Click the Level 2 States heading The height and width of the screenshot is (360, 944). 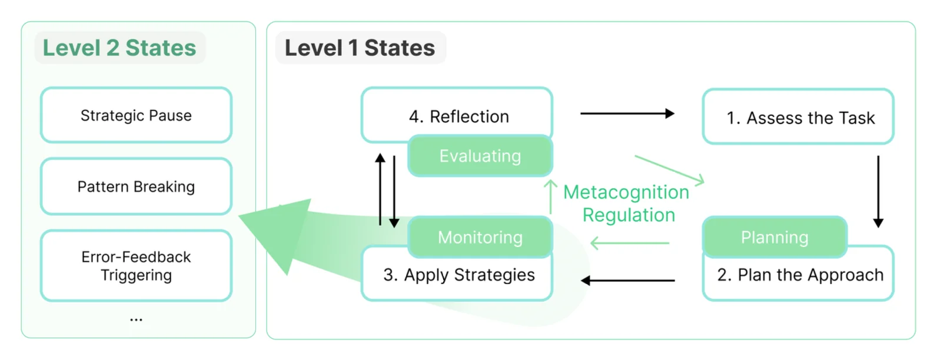point(119,48)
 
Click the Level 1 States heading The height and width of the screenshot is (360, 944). point(360,48)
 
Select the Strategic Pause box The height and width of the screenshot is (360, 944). point(136,115)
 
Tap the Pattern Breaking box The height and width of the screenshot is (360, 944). point(136,186)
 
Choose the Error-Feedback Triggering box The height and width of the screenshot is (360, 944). point(136,266)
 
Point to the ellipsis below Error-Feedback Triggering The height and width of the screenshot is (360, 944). point(136,320)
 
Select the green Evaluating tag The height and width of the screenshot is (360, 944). point(480,156)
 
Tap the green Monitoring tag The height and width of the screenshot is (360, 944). point(480,237)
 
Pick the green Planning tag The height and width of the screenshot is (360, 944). point(774,237)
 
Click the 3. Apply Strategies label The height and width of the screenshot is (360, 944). point(458,275)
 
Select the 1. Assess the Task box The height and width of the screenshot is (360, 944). point(799,118)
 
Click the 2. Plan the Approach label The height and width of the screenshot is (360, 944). point(800,275)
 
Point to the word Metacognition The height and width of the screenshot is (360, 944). point(626,192)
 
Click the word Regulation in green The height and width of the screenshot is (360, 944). point(629,215)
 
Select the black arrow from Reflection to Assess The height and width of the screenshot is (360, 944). point(627,114)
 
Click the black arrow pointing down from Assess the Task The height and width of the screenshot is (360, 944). point(878,191)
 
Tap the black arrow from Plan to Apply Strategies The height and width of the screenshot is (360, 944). point(627,281)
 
